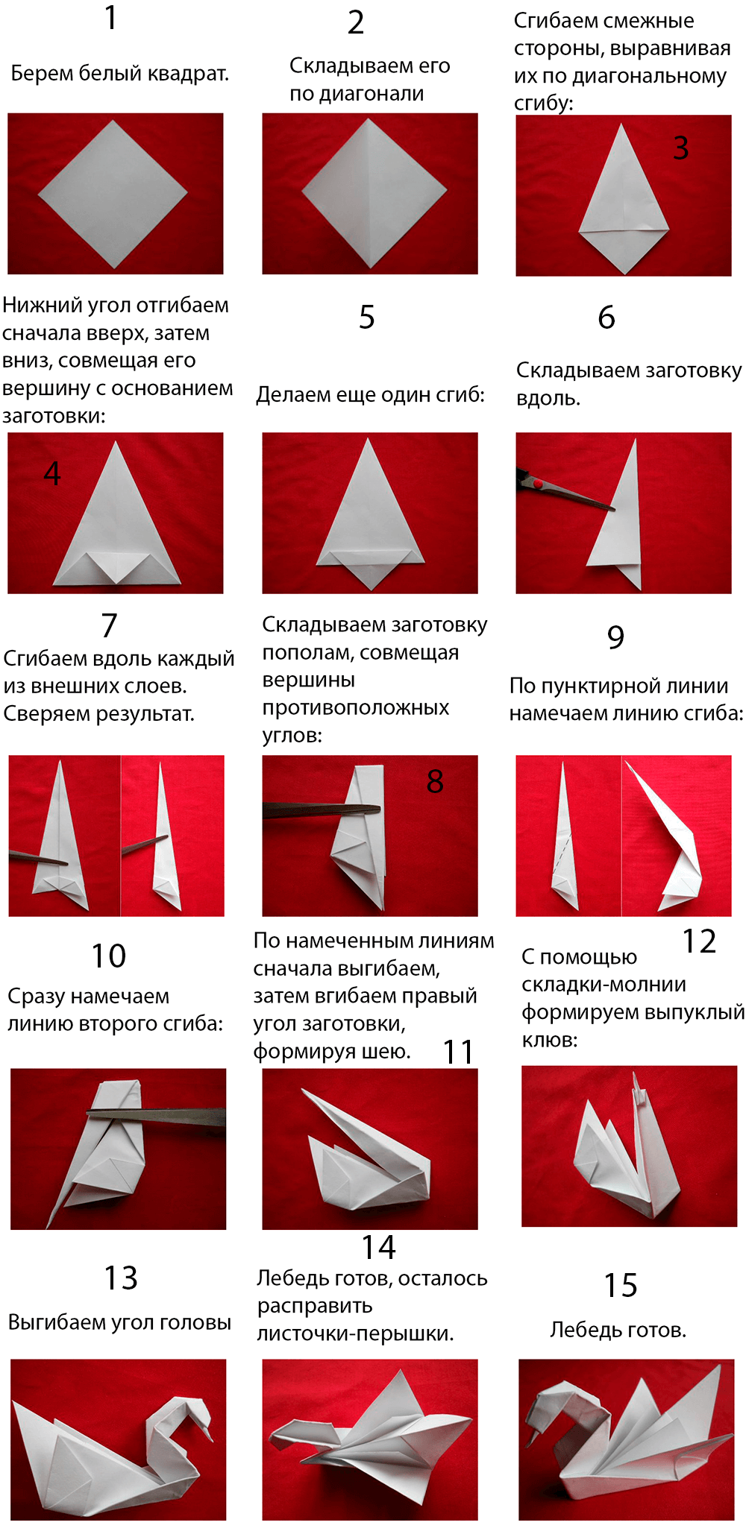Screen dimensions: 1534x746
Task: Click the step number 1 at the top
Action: tap(110, 19)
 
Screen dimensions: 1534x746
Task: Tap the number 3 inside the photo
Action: tap(680, 148)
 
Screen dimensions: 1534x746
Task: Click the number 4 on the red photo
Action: tap(52, 473)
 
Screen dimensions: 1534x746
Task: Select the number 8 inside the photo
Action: tap(435, 782)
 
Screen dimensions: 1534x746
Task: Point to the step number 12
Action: tap(699, 941)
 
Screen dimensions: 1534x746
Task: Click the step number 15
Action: tap(620, 1286)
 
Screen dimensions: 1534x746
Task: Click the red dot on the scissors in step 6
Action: tap(537, 483)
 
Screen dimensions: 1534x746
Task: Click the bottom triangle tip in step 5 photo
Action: tap(370, 586)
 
